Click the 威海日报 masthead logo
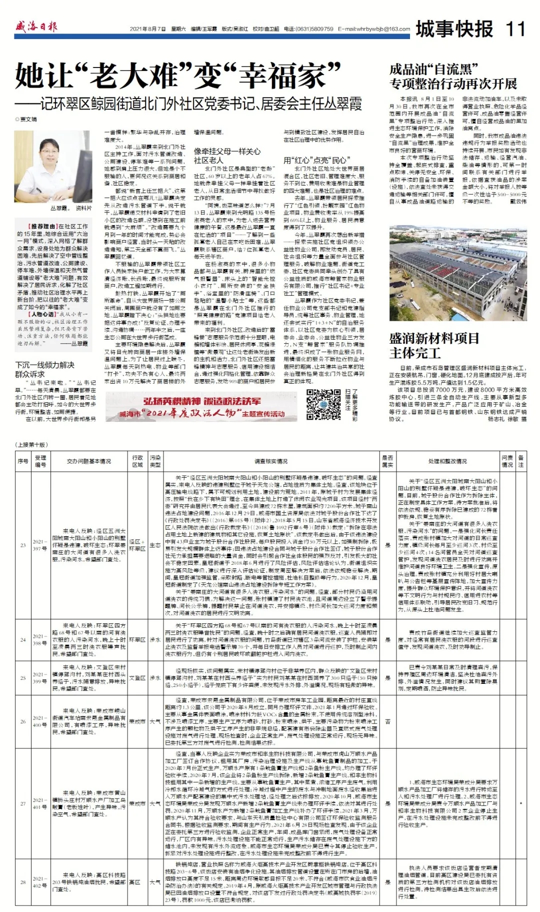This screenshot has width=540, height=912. pos(36,26)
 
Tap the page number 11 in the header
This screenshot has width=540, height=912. pos(515,29)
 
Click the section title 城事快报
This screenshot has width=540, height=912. pos(454,29)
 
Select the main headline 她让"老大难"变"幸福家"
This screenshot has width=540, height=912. pos(178,77)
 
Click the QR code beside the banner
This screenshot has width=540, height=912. pos(323,404)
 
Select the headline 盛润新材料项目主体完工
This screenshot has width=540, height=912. pos(434,345)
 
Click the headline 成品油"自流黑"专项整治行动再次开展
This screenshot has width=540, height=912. pos(453,77)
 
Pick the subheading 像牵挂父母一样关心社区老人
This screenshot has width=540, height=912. pos(227,155)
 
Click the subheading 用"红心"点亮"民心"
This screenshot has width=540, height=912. pos(315,160)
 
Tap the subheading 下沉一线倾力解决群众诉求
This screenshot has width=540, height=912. pos(44,369)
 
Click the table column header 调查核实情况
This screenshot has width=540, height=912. pos(271,461)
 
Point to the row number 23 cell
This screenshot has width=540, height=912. pos(23,545)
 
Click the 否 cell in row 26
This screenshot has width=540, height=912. pos(387,721)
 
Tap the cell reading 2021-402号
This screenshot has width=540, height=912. pos(40,881)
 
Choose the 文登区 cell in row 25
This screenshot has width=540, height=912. pos(137,678)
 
